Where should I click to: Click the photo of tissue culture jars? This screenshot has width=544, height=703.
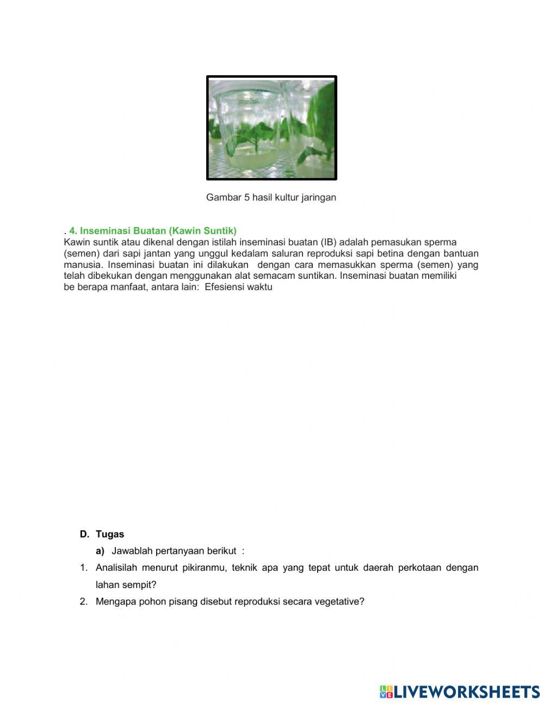(x=271, y=128)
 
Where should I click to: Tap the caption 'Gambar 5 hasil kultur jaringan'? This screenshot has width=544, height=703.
(x=271, y=198)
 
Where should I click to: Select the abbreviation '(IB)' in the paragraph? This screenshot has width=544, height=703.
(x=329, y=242)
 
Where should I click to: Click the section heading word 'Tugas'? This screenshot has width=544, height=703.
(x=110, y=534)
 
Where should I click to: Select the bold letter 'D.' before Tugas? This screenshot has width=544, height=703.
(x=84, y=534)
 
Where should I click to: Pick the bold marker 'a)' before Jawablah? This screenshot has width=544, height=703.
(x=100, y=551)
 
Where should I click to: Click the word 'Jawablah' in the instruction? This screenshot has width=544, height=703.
(x=132, y=551)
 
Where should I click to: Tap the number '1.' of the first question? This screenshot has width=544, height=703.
(x=84, y=568)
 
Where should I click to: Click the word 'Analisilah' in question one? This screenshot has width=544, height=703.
(x=116, y=568)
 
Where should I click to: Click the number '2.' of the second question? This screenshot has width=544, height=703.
(x=84, y=602)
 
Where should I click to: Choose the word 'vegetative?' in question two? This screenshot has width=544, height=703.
(x=339, y=602)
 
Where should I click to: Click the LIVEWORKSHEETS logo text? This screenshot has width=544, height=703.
(x=466, y=692)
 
